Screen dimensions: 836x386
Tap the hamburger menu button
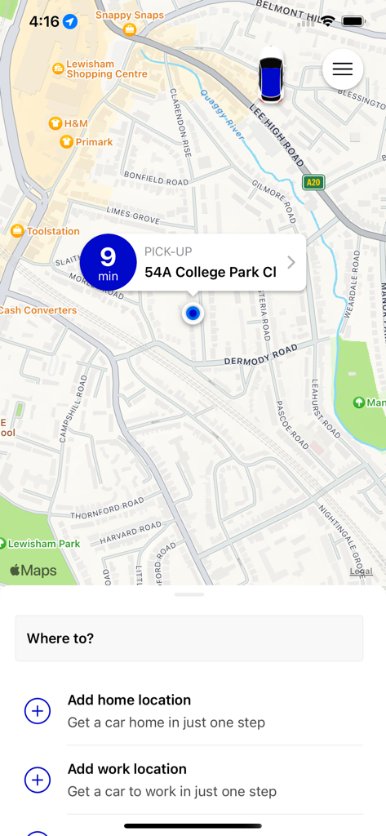click(x=343, y=69)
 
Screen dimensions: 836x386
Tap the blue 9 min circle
click(x=109, y=262)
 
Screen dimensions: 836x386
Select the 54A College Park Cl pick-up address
click(x=211, y=272)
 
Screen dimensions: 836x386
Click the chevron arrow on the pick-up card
click(x=291, y=262)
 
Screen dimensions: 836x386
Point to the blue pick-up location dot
click(x=193, y=313)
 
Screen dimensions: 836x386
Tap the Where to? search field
click(x=189, y=638)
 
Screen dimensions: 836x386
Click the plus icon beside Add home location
click(x=38, y=711)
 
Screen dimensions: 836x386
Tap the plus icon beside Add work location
click(x=38, y=780)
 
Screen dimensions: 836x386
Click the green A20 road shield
click(x=313, y=182)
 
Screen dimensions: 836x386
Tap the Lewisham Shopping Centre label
click(x=107, y=69)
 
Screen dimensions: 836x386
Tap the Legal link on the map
click(x=361, y=571)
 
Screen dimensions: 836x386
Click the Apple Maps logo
click(x=33, y=571)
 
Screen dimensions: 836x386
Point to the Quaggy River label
click(x=222, y=115)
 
